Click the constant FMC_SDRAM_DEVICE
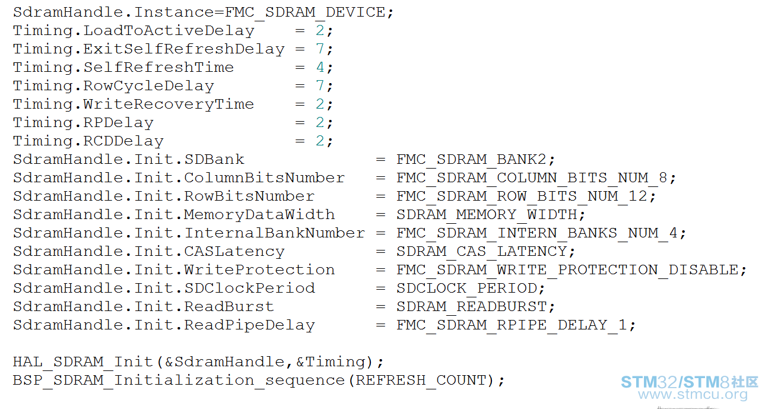[x=305, y=12]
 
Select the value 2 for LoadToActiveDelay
[x=320, y=31]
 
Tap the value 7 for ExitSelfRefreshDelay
[x=320, y=49]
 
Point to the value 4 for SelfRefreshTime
[x=320, y=67]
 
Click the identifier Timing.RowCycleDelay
[x=113, y=86]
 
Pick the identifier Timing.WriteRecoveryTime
[x=134, y=104]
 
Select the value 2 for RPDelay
[x=320, y=122]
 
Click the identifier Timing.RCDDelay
[x=88, y=141]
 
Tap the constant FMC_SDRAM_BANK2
[x=471, y=160]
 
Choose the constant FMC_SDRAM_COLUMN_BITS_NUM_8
[x=532, y=178]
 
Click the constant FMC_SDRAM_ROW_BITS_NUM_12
[x=522, y=196]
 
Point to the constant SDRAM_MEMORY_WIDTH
[x=487, y=215]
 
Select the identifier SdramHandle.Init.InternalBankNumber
[x=189, y=233]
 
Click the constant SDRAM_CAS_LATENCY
[x=481, y=252]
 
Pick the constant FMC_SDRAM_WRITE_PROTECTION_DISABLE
[x=567, y=270]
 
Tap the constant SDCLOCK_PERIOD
[x=466, y=288]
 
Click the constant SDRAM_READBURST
[x=471, y=306]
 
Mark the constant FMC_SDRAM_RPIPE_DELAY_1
[x=512, y=325]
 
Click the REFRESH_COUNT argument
[x=421, y=380]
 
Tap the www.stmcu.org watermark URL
[x=693, y=394]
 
